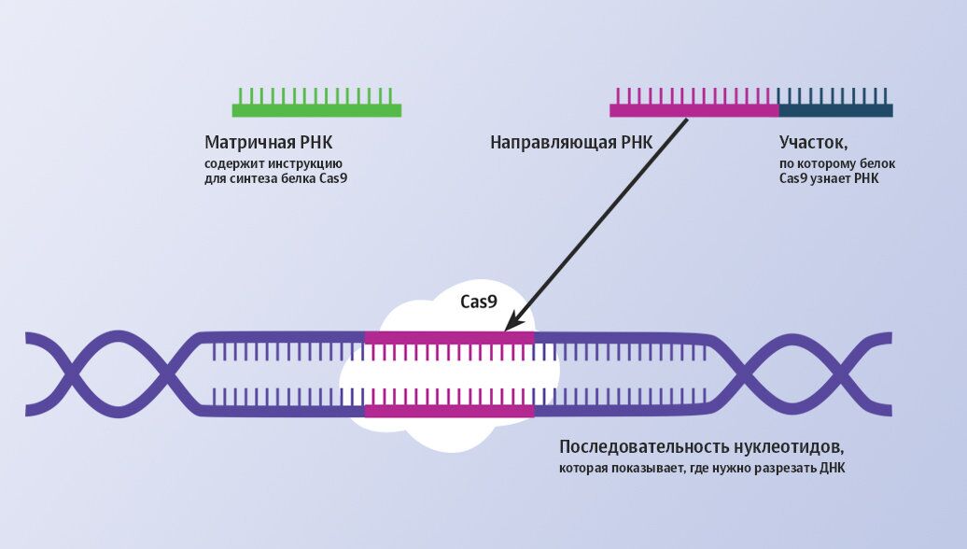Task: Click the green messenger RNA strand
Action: click(316, 110)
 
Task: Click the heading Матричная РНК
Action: click(268, 143)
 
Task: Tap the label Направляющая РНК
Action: click(571, 143)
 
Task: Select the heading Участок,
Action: click(813, 143)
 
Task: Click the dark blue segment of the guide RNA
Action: click(835, 110)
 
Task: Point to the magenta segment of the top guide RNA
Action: click(694, 110)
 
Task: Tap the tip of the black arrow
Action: click(506, 329)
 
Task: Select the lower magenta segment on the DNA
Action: click(449, 410)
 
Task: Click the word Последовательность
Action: click(639, 446)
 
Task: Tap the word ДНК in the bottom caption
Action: click(830, 468)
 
